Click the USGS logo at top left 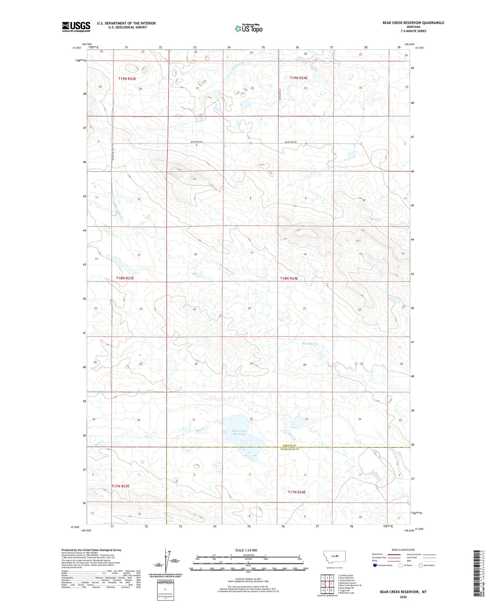pyautogui.click(x=76, y=27)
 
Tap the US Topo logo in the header pyautogui.click(x=248, y=28)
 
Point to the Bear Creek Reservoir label pyautogui.click(x=239, y=432)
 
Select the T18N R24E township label pyautogui.click(x=289, y=278)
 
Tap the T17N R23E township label pyautogui.click(x=120, y=486)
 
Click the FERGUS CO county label pyautogui.click(x=289, y=446)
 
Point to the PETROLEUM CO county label pyautogui.click(x=289, y=449)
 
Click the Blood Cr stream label pyautogui.click(x=375, y=219)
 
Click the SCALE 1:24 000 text pyautogui.click(x=246, y=550)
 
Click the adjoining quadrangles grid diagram pyautogui.click(x=327, y=584)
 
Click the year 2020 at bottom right pyautogui.click(x=403, y=597)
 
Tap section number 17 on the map pyautogui.click(x=252, y=253)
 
